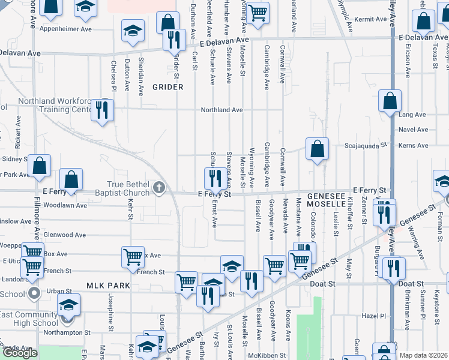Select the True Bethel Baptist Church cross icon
pos(159,188)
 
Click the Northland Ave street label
pos(221,110)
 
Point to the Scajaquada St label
pos(365,145)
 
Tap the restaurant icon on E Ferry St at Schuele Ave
pos(214,178)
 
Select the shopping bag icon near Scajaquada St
pos(316,149)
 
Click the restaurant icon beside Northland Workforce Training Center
pos(102,110)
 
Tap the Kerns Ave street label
pos(414,145)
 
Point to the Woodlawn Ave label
pos(69,205)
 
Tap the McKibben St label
pos(286,355)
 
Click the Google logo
pos(19,353)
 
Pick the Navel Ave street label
pos(414,129)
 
